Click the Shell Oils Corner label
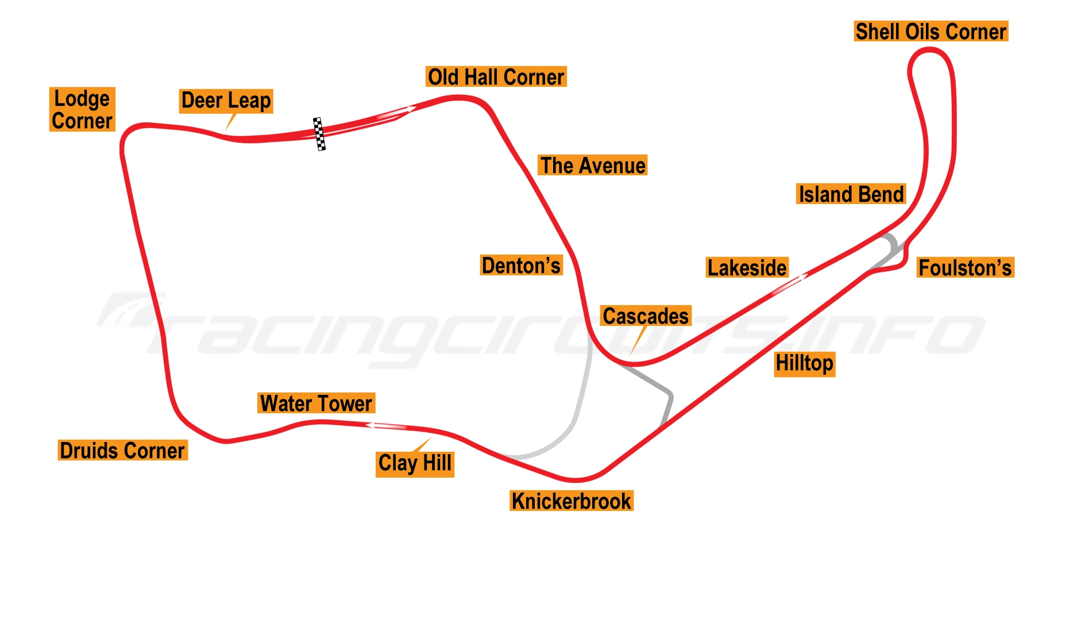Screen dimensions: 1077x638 coord(931,32)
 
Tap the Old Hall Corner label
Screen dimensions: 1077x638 coord(496,77)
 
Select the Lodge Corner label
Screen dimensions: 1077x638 coord(82,110)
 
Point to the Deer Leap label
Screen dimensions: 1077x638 coord(226,101)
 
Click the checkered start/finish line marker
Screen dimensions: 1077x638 coord(319,134)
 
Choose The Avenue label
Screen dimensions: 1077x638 coord(593,166)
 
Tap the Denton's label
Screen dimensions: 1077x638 coord(521,266)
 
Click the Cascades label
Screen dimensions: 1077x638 coord(646,316)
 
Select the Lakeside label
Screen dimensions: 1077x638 coord(747,268)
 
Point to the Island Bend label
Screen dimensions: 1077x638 coord(851,194)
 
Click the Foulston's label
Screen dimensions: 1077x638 coord(965,268)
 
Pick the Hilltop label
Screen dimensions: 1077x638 coord(804,364)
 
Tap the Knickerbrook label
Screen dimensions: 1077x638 coord(572,501)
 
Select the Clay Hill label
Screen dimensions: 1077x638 coord(415,463)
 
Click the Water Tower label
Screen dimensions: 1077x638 coord(316,403)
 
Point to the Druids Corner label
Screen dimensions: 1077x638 coord(122,451)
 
